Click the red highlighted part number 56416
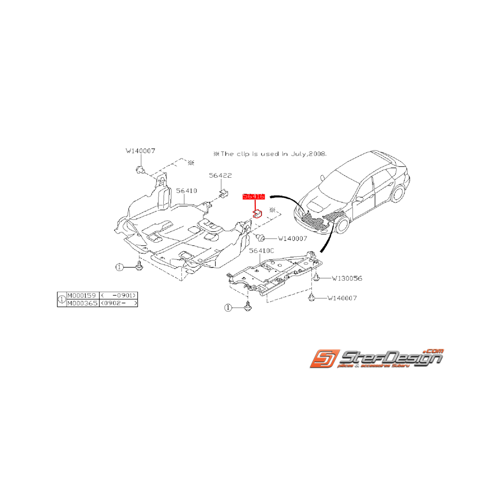point(254,197)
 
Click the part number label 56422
point(220,176)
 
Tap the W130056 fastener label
point(347,278)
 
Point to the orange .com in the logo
point(434,351)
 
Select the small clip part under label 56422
point(224,193)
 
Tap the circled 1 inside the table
point(61,299)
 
